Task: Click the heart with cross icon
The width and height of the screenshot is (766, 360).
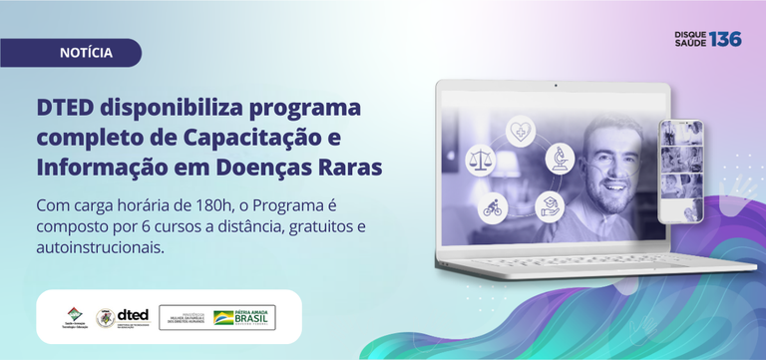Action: click(x=520, y=131)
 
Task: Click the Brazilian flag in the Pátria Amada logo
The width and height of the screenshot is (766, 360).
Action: click(x=223, y=318)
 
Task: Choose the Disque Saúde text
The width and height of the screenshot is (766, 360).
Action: click(x=690, y=39)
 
